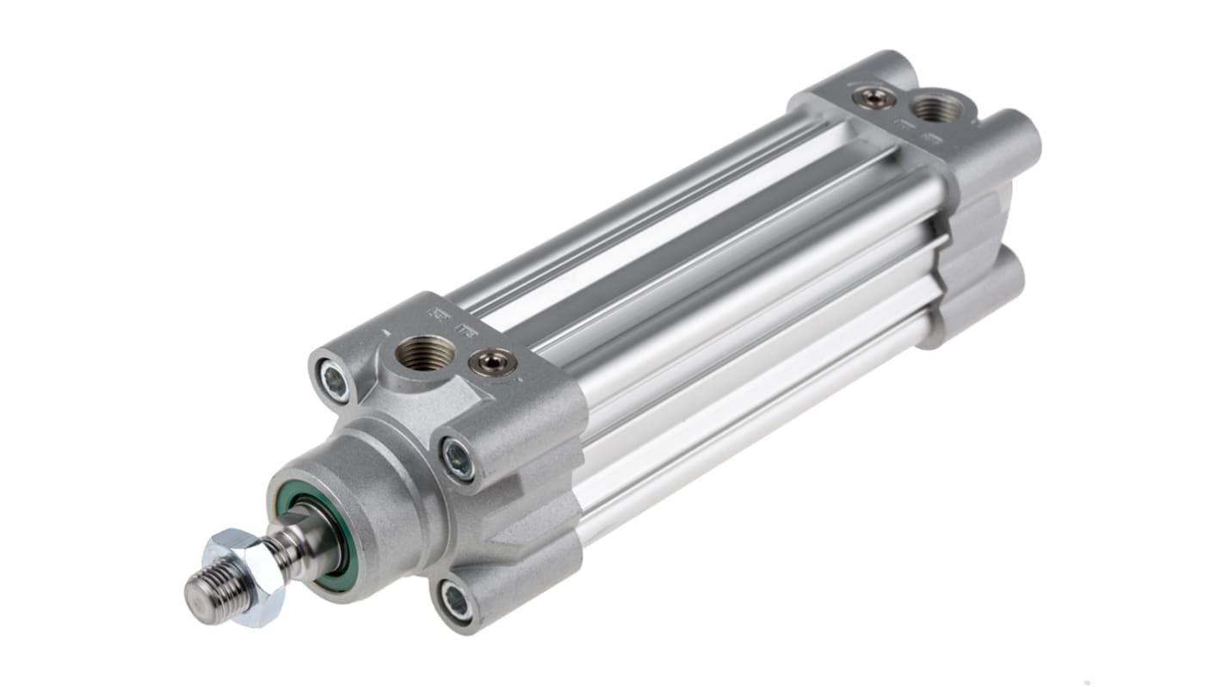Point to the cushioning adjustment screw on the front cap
click(492, 362)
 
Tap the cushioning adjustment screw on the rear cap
click(873, 99)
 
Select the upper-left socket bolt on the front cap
click(334, 379)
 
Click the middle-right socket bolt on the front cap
click(457, 459)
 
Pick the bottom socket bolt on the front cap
click(454, 601)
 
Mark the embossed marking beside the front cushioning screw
click(470, 331)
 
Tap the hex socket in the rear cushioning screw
click(873, 99)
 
